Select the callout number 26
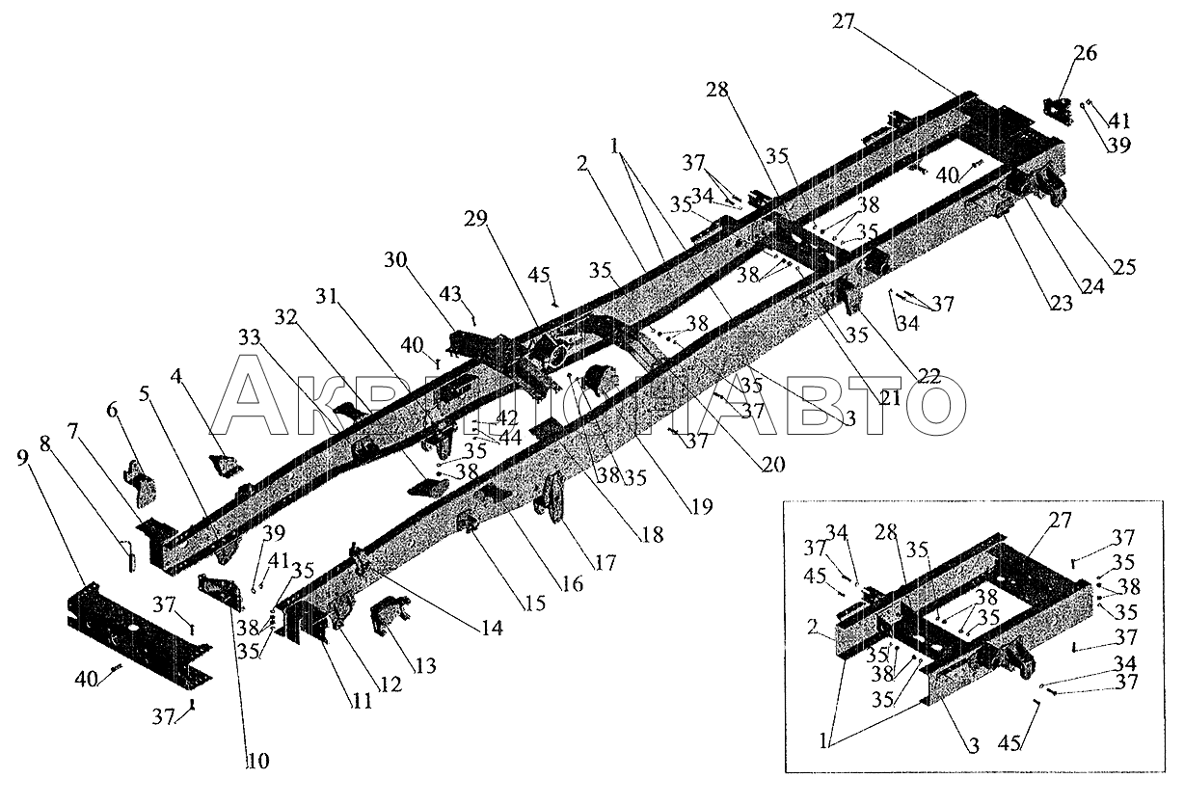[x=1085, y=54]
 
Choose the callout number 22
[x=928, y=376]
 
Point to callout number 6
[x=113, y=409]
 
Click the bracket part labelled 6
[x=140, y=483]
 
